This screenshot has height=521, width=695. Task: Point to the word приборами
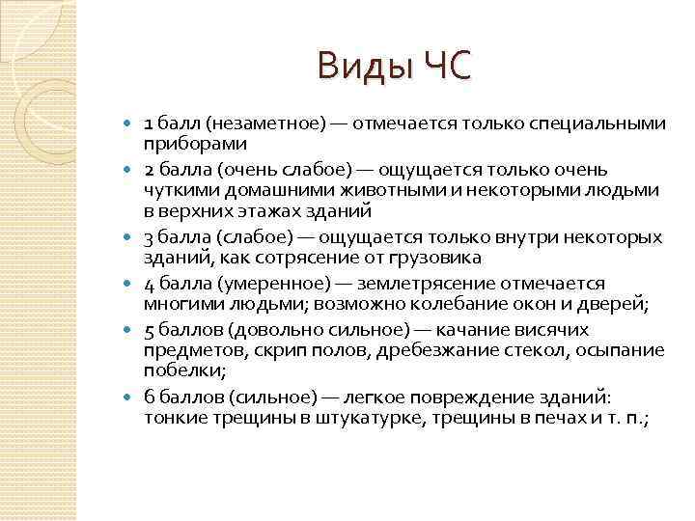click(196, 143)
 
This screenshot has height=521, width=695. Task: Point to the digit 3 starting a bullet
click(149, 237)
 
